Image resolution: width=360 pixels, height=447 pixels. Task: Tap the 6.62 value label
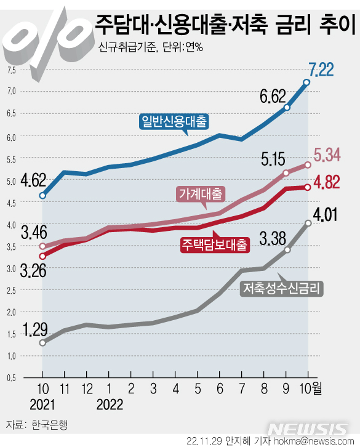pyautogui.click(x=273, y=96)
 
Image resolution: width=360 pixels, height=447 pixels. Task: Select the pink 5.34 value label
pyautogui.click(x=327, y=155)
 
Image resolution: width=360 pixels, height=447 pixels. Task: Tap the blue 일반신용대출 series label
pyautogui.click(x=174, y=120)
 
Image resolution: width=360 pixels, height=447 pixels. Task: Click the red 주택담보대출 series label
pyautogui.click(x=215, y=245)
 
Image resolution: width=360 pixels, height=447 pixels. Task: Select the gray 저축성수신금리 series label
pyautogui.click(x=282, y=288)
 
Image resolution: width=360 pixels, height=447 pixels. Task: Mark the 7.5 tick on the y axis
pyautogui.click(x=11, y=70)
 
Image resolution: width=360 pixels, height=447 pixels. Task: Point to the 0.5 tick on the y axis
pyautogui.click(x=11, y=377)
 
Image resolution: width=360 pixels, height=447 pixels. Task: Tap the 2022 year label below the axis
pyautogui.click(x=110, y=405)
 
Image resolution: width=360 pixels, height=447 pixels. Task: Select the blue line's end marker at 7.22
pyautogui.click(x=306, y=82)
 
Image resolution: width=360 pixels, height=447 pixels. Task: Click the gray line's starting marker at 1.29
pyautogui.click(x=42, y=342)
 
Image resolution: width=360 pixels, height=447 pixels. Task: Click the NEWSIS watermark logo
pyautogui.click(x=310, y=429)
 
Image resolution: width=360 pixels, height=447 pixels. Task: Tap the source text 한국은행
pyautogui.click(x=47, y=425)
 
